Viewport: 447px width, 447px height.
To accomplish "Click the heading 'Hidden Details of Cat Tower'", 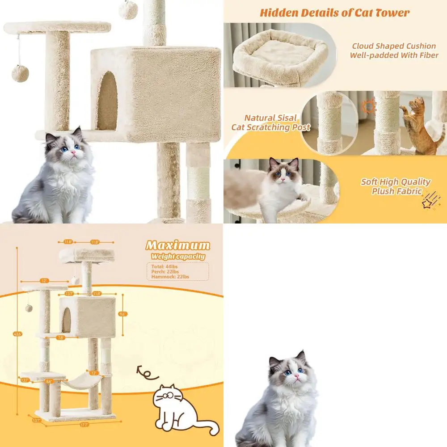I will click(334, 13).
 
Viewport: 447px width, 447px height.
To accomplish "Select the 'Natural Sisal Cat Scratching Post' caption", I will click(270, 122).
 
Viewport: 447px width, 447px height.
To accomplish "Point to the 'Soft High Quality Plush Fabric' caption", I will click(395, 186).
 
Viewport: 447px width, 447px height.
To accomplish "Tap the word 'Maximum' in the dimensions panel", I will click(177, 245).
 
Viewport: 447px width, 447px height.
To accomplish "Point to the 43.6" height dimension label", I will click(17, 333).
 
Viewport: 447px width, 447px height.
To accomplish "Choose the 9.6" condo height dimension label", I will click(123, 314).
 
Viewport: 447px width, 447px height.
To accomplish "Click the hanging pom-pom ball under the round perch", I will click(20, 73).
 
